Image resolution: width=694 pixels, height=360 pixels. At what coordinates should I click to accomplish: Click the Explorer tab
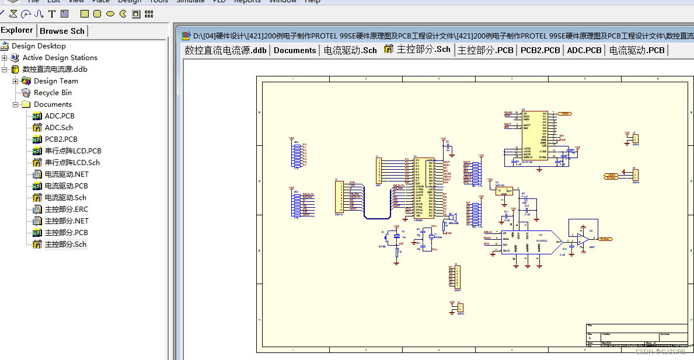click(x=18, y=30)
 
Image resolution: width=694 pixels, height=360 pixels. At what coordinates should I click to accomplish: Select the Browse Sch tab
click(x=62, y=31)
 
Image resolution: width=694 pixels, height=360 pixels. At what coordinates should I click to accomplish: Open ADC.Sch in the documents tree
click(x=58, y=127)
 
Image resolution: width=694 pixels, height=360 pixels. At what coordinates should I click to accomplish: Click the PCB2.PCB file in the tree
click(x=61, y=139)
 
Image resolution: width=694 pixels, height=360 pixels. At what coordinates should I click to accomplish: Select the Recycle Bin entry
click(x=53, y=92)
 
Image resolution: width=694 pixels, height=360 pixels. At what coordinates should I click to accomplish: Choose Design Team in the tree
click(x=55, y=81)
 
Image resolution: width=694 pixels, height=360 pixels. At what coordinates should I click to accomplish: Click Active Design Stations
click(x=60, y=57)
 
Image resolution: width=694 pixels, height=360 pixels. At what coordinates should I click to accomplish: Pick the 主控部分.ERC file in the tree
click(x=66, y=209)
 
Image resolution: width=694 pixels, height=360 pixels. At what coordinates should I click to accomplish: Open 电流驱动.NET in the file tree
click(x=66, y=174)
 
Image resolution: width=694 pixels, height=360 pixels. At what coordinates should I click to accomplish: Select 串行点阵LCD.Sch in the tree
click(x=72, y=162)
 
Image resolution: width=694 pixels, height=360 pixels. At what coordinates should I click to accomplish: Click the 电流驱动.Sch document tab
click(x=350, y=50)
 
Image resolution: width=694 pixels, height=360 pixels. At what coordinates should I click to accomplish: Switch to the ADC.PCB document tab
click(x=584, y=50)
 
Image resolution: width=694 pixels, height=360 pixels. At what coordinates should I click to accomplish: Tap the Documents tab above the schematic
click(x=295, y=50)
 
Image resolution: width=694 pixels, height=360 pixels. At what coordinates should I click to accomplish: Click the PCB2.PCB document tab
click(x=540, y=50)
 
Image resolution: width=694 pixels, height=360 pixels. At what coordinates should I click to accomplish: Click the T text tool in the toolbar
click(x=52, y=13)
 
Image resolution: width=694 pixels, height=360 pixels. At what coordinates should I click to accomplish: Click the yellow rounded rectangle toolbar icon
click(x=97, y=13)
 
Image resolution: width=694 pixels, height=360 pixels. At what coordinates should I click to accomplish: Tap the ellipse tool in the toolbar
click(x=110, y=13)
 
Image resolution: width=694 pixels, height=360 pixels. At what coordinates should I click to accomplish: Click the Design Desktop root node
click(x=39, y=46)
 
